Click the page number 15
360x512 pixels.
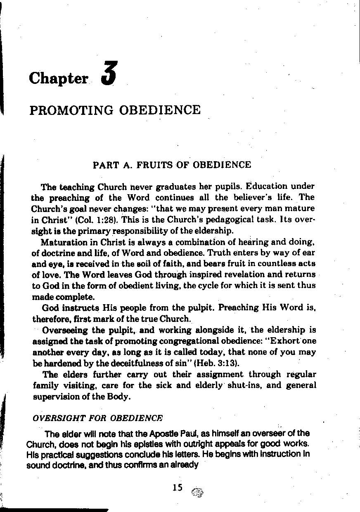178,487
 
